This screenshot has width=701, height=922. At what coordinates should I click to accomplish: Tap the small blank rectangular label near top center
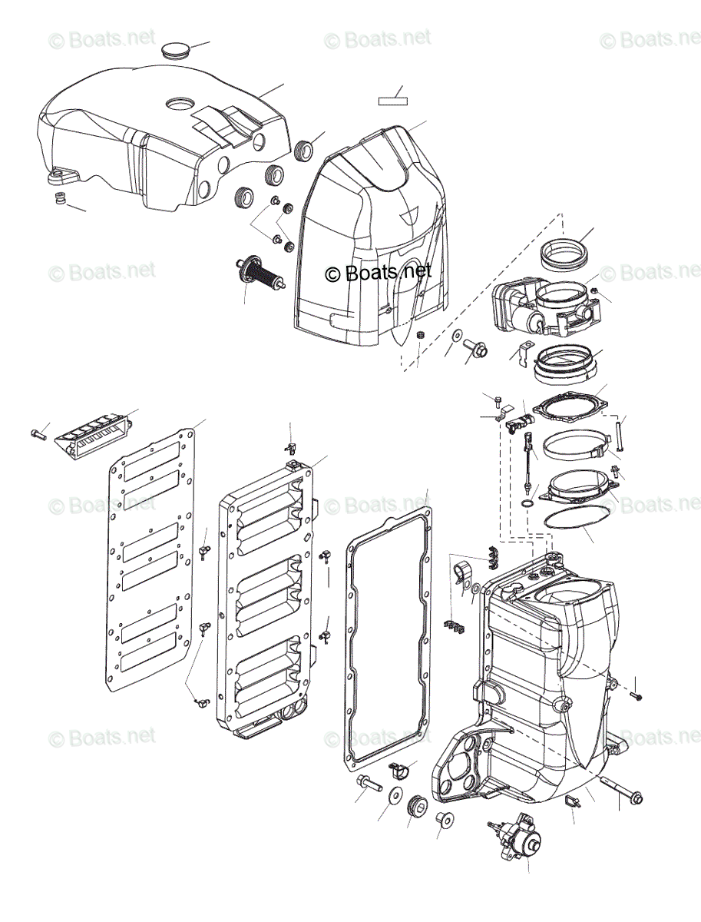click(392, 99)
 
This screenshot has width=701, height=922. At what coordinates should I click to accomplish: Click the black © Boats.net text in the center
click(378, 272)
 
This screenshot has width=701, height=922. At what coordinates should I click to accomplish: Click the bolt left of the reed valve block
click(38, 435)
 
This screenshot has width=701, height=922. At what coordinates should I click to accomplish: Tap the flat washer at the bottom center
click(394, 795)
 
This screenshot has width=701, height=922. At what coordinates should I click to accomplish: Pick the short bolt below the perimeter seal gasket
click(369, 784)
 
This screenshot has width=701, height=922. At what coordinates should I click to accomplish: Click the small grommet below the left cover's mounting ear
click(58, 201)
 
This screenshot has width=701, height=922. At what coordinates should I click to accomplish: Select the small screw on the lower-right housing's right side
click(637, 695)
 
